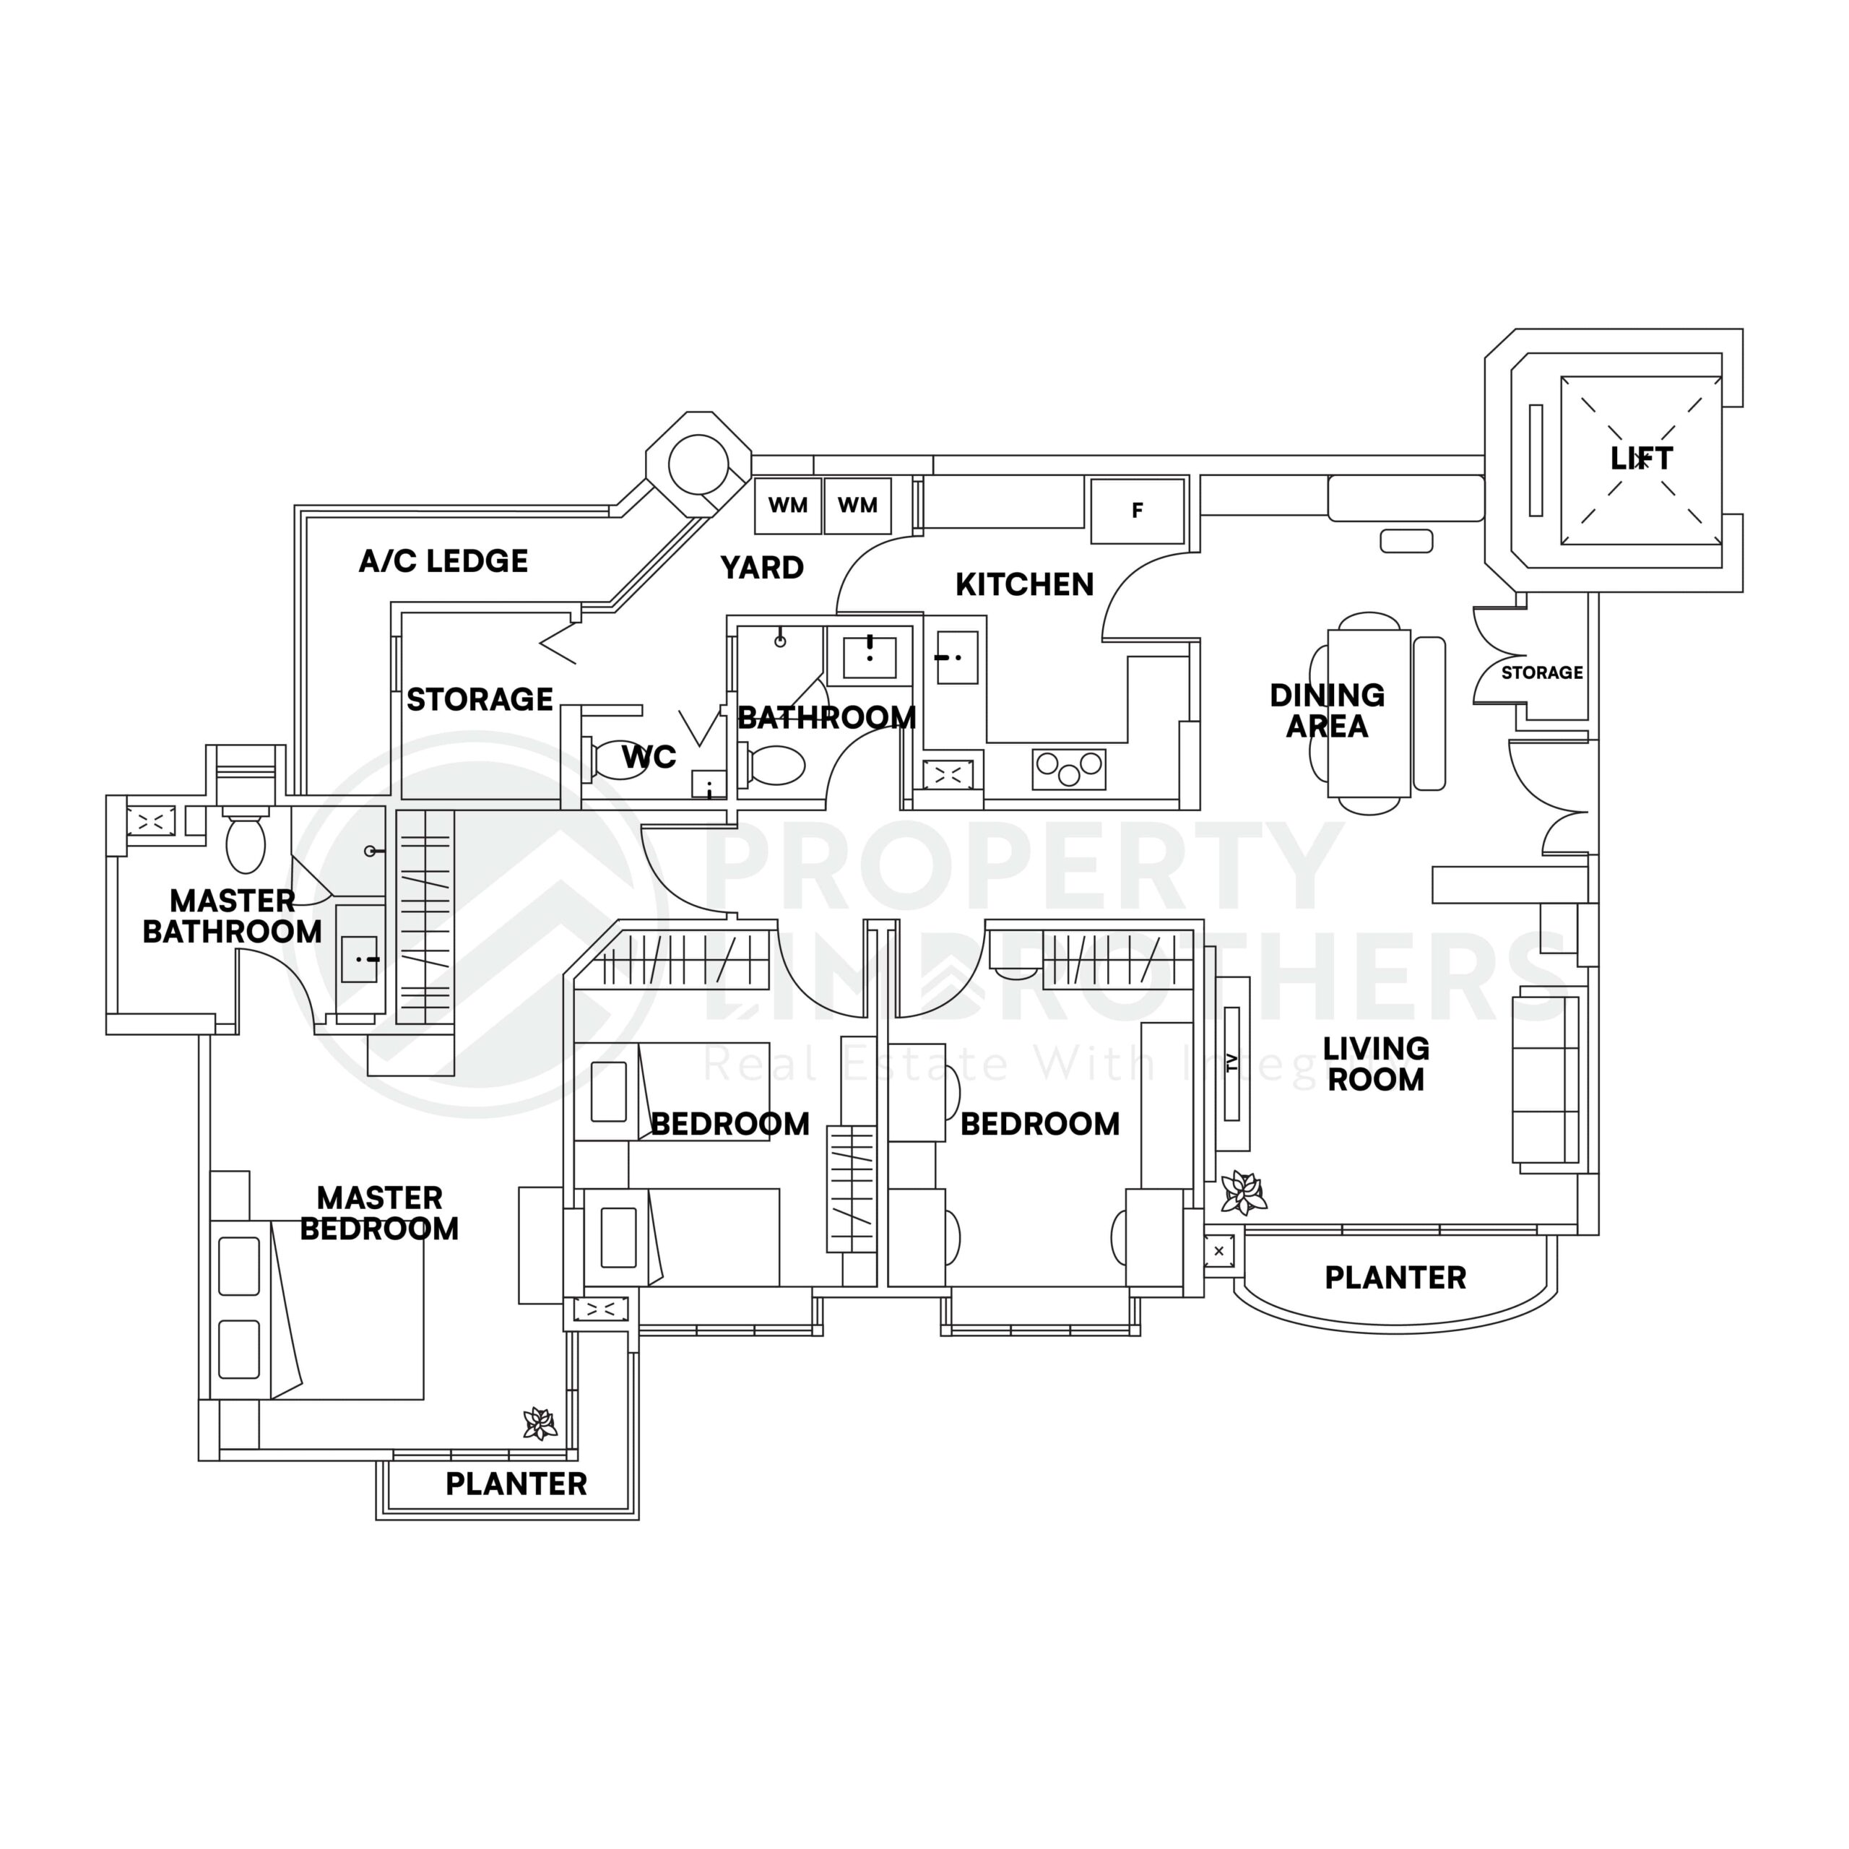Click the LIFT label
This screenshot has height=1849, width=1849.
[x=1641, y=459]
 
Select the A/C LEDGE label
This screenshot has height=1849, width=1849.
[x=443, y=560]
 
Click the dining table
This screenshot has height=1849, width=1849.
[x=1369, y=713]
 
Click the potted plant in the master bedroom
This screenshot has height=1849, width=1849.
[x=540, y=1424]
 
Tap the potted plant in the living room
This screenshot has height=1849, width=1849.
[x=1243, y=1192]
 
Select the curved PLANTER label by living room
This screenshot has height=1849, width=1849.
[x=1395, y=1278]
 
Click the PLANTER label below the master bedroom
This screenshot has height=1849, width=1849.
[x=516, y=1484]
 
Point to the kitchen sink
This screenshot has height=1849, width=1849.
[x=957, y=657]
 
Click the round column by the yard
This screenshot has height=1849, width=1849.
[x=697, y=465]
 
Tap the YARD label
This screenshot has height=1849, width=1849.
[x=762, y=568]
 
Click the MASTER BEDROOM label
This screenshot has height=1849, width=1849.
[x=379, y=1213]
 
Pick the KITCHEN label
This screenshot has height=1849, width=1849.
[x=1024, y=585]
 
